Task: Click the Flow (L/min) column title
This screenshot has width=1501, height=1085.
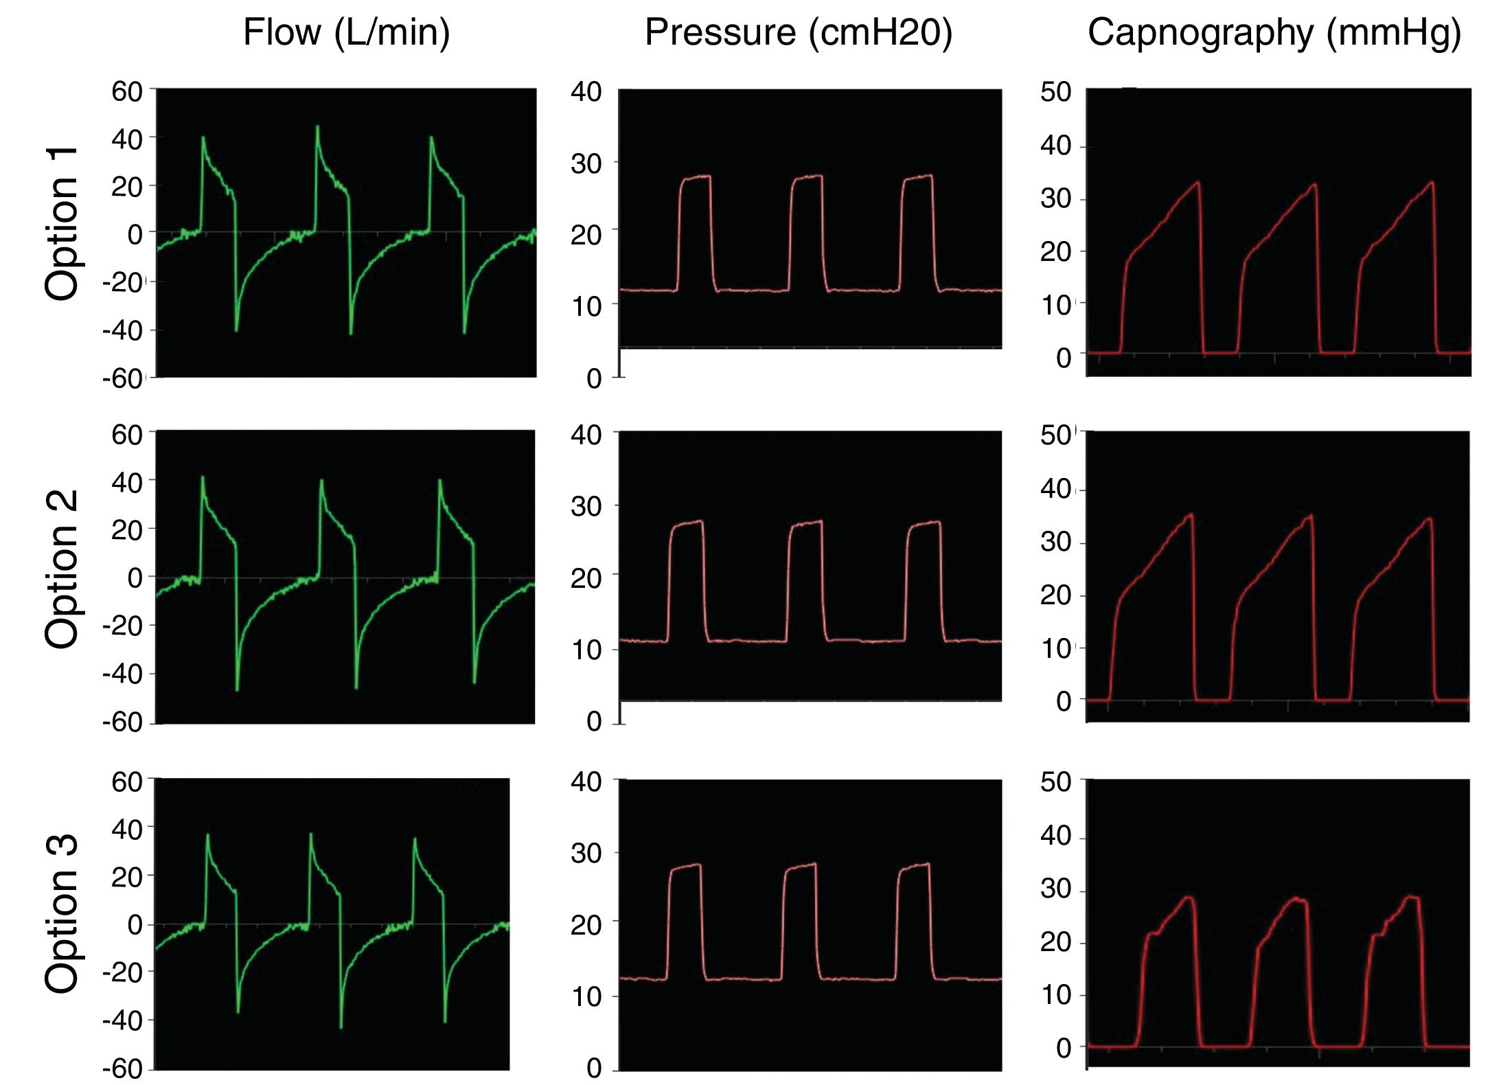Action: (x=346, y=33)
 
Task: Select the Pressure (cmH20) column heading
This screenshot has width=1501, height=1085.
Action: (x=798, y=33)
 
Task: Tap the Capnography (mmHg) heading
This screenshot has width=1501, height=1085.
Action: (x=1274, y=33)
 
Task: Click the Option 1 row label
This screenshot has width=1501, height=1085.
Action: (x=62, y=224)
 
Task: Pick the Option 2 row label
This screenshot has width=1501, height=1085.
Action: (x=62, y=569)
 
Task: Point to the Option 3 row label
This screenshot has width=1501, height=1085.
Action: (x=62, y=914)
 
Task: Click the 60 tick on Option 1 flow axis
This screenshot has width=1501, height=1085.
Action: (x=127, y=91)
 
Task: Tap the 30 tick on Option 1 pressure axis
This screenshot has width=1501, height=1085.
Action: (x=586, y=164)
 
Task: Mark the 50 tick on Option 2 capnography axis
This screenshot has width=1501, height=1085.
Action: (x=1055, y=435)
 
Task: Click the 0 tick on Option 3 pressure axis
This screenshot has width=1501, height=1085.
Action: (x=594, y=1068)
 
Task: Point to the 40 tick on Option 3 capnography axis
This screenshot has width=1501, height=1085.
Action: (x=1055, y=836)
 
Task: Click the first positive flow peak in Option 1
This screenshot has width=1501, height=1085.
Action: (x=203, y=137)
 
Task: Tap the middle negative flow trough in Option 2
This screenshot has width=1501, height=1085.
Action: (x=356, y=687)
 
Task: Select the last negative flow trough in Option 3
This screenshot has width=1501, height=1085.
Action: (x=445, y=1021)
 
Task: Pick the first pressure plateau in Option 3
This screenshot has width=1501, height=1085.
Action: (x=685, y=866)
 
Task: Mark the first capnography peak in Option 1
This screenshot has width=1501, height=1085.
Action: (x=1198, y=183)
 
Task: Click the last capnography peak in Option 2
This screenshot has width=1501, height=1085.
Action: (x=1430, y=518)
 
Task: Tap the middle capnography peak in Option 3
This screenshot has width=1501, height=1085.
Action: (x=1296, y=899)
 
